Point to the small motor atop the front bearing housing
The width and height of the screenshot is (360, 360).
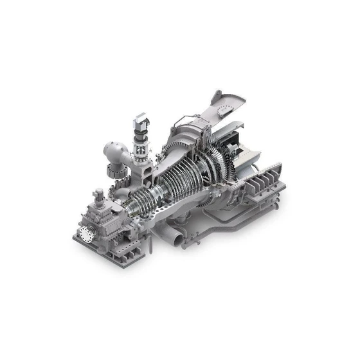(x=98, y=194)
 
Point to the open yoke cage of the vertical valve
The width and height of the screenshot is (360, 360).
(x=139, y=149)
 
